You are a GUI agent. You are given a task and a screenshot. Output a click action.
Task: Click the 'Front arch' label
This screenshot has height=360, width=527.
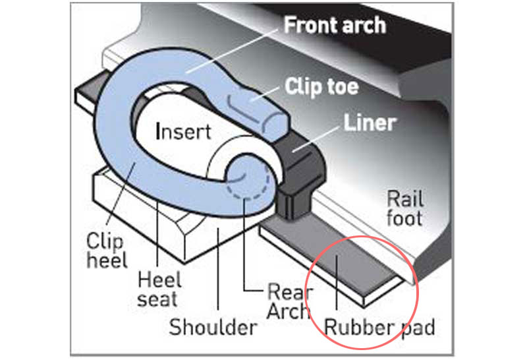[x=334, y=26]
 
